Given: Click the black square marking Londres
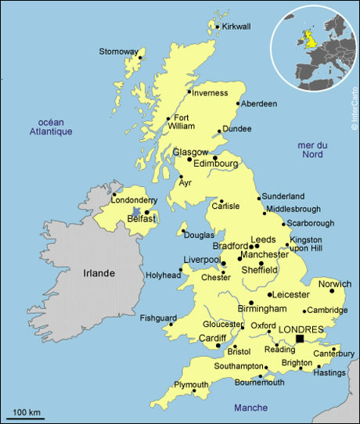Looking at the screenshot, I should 300,340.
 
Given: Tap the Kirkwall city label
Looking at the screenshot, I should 236,27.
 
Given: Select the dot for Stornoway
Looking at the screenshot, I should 140,57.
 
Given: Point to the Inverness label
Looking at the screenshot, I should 210,93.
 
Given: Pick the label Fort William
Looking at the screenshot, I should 182,120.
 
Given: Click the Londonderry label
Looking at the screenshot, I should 135,200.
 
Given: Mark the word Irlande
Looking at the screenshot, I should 99,273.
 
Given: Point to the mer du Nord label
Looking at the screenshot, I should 312,149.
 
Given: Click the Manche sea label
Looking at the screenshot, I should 250,408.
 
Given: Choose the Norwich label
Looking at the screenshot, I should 336,284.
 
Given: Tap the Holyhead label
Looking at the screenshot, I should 161,275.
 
